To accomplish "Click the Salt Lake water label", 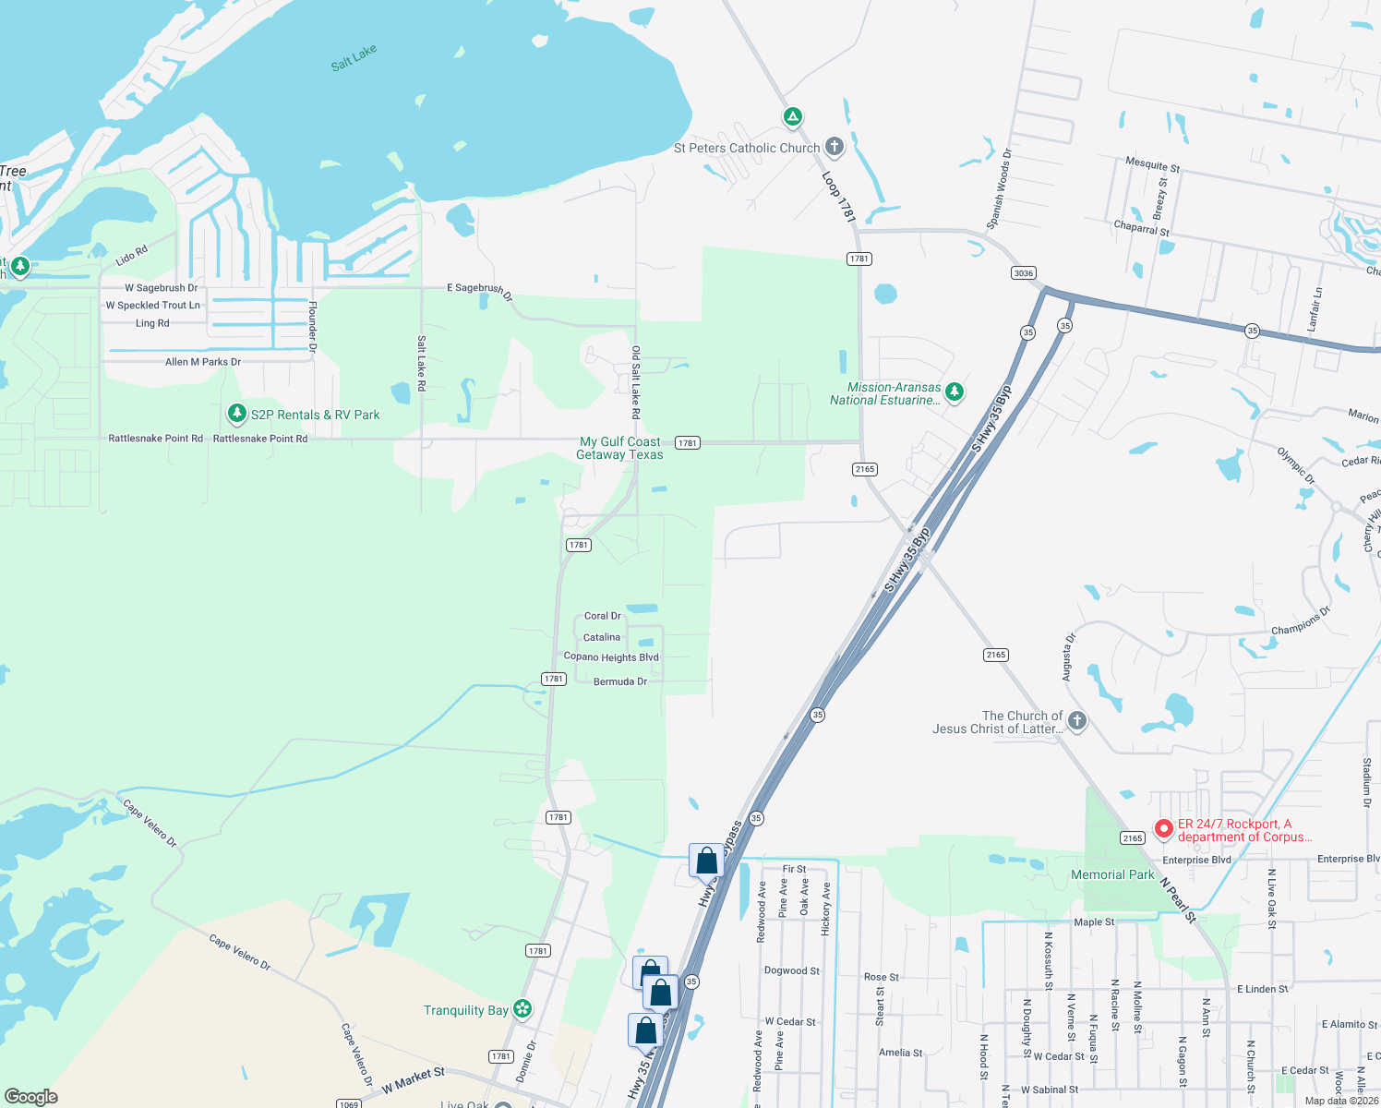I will coord(354,58).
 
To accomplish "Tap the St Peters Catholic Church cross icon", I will coord(834,146).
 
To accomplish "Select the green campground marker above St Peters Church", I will coord(792,117).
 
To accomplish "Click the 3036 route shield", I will coord(1023,273).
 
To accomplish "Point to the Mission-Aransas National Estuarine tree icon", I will coord(955,392).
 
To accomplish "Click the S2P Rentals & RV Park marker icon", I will coord(237,414).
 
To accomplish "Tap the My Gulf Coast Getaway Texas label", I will coord(620,449).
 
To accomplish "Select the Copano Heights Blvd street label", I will coord(611,657).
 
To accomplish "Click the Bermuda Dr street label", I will coord(620,681).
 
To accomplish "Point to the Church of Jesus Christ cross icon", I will coord(1076,721).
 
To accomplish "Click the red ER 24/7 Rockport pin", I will coord(1164,829).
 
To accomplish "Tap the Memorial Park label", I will coord(1112,874).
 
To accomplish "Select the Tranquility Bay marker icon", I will coord(522,1009).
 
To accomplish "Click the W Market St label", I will coord(413,1079).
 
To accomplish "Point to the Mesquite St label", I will coord(1152,165).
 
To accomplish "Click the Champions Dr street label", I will coord(1301,620).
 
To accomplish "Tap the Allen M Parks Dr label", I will coord(203,362).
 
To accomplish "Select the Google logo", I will coord(31,1097).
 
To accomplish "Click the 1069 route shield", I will coord(348,1103).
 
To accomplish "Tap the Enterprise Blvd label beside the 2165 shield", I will coord(1196,860).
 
